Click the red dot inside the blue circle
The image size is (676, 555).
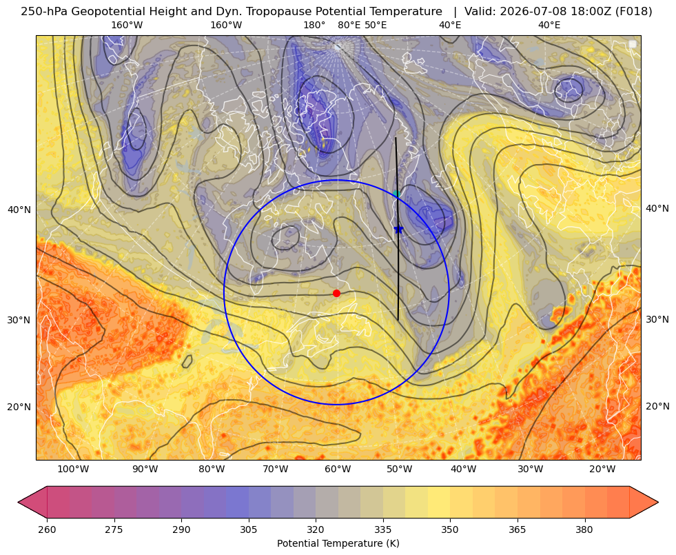[x=336, y=293]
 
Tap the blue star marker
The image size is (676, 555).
[x=398, y=230]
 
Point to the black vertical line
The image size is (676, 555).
[x=397, y=229]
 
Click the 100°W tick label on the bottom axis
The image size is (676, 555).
[x=73, y=469]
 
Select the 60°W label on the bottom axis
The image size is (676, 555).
[x=338, y=469]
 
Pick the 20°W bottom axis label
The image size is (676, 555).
[x=602, y=469]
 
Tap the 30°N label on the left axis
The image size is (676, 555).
[x=19, y=320]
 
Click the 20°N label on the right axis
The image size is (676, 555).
[x=657, y=406]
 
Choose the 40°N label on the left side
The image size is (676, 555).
[x=19, y=210]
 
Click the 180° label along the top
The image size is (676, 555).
[x=314, y=25]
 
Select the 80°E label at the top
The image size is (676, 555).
[x=349, y=25]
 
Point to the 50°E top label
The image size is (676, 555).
[x=376, y=25]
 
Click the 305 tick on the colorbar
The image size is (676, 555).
[x=248, y=529]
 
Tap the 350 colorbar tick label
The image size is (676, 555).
[x=450, y=529]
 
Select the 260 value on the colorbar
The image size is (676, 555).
[x=47, y=529]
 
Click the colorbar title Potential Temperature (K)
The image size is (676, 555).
[x=338, y=543]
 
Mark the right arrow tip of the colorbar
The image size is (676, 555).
[x=658, y=502]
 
